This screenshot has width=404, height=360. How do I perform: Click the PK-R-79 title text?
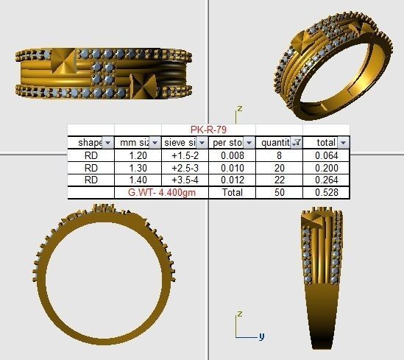tap(209, 130)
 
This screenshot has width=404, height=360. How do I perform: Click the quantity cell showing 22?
tap(278, 180)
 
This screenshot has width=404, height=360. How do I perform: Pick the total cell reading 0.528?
tap(325, 191)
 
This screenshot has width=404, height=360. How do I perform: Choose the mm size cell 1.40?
tap(138, 180)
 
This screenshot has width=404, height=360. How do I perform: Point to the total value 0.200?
tap(325, 167)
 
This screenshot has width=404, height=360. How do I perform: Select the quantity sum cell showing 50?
tap(278, 191)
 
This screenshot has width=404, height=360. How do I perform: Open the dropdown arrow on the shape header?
tap(107, 142)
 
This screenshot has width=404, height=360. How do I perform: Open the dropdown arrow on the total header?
tap(343, 142)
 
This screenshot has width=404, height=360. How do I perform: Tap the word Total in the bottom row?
tap(232, 191)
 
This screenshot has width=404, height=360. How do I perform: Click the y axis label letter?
tap(262, 336)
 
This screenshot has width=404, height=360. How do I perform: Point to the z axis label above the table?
tap(239, 108)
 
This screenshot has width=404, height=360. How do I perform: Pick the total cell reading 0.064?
tap(325, 155)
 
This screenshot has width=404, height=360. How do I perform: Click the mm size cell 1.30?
tap(138, 167)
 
